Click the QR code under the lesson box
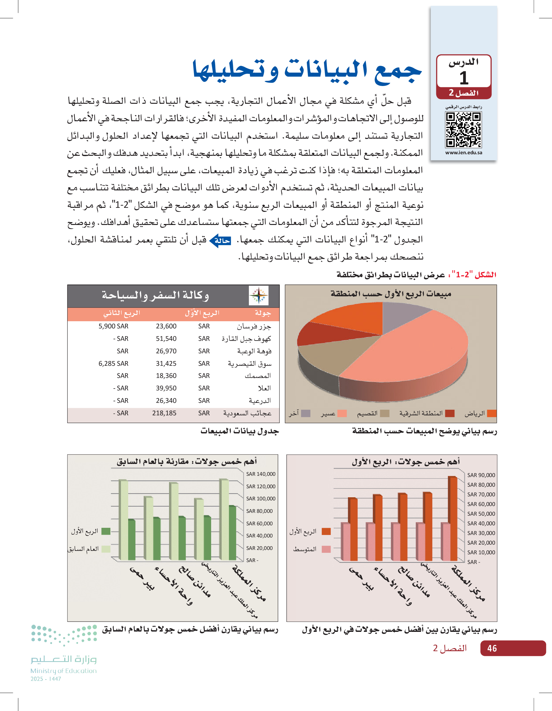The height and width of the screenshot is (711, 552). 463,130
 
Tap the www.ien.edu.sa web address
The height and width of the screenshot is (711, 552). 463,153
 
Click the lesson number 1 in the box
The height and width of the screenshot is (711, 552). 464,78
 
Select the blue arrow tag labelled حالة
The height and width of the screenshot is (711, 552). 220,241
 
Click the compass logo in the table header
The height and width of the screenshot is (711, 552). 259,295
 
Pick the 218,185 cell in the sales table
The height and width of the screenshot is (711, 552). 164,413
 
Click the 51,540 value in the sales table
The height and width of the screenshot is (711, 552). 166,339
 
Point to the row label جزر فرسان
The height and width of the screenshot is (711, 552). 254,326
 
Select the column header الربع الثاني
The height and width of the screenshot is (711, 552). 122,313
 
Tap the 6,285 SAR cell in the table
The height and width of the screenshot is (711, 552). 114,363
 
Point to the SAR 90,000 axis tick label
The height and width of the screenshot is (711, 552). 481,475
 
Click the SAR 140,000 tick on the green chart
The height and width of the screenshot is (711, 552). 261,474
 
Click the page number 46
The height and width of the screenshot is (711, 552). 492,648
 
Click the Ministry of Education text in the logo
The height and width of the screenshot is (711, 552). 64,671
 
